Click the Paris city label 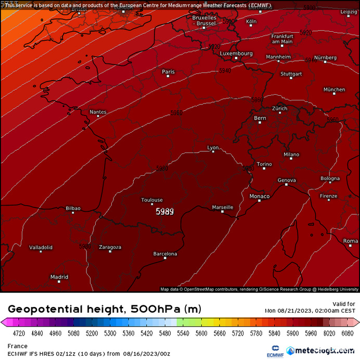168,71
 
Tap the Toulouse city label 152,200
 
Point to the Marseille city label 223,207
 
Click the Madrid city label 59,277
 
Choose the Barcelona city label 165,254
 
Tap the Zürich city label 279,108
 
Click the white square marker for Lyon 213,152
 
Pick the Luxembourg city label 236,53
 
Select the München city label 334,89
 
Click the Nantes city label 98,111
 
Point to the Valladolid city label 41,247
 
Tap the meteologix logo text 323,351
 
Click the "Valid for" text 343,304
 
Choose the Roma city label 351,241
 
